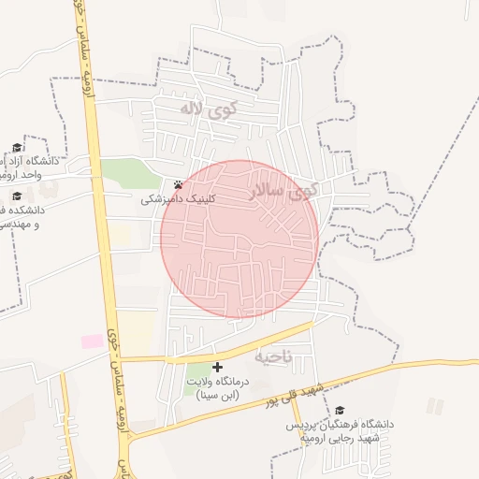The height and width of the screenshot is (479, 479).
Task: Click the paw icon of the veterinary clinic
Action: pyautogui.click(x=178, y=184)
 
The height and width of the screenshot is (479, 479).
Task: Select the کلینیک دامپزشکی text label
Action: pyautogui.click(x=179, y=198)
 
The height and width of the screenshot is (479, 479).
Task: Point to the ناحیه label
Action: pyautogui.click(x=273, y=356)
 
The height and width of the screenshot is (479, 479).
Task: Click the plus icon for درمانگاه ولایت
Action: pyautogui.click(x=218, y=368)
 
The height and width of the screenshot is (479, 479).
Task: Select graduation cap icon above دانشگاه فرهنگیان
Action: pyautogui.click(x=339, y=410)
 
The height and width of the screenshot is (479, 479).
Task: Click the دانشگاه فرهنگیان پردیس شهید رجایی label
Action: pyautogui.click(x=341, y=431)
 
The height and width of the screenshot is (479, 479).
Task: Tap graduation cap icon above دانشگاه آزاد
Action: pyautogui.click(x=17, y=148)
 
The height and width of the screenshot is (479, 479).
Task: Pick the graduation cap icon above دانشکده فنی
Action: pyautogui.click(x=17, y=196)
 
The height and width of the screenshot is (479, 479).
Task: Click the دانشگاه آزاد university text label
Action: pyautogui.click(x=28, y=168)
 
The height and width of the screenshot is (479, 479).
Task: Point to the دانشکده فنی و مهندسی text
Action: pyautogui.click(x=28, y=218)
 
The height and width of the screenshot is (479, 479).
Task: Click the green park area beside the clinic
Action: pyautogui.click(x=131, y=174)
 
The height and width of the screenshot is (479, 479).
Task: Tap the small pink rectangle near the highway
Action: pyautogui.click(x=93, y=341)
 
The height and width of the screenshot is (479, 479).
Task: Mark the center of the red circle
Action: pyautogui.click(x=239, y=239)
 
